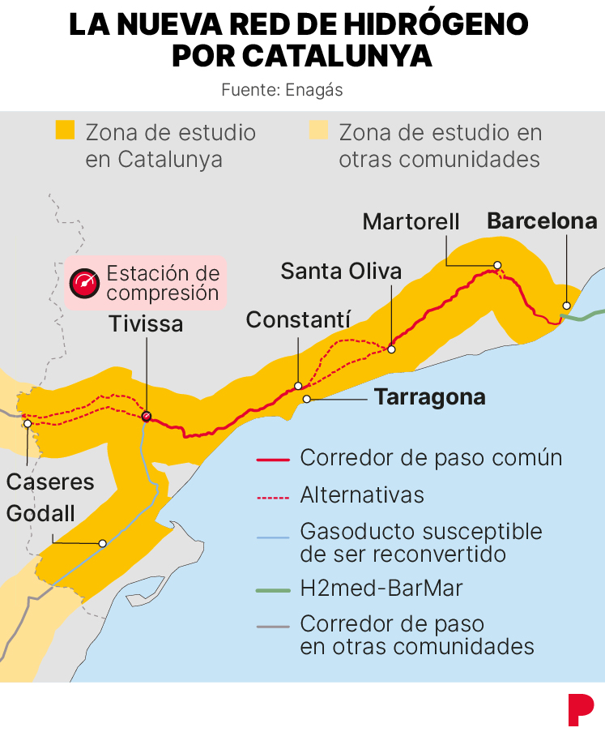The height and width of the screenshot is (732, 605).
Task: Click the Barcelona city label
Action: tap(542, 221)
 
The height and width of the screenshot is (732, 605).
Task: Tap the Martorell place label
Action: tap(411, 221)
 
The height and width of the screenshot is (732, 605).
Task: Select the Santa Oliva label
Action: tap(341, 271)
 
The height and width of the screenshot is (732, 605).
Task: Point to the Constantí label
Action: tap(298, 319)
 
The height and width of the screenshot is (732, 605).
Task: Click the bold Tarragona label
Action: tap(430, 397)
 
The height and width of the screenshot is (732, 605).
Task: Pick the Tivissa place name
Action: tap(147, 324)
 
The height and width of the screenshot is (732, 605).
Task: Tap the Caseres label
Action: tap(50, 482)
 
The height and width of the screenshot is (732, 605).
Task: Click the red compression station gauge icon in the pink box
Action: tap(84, 282)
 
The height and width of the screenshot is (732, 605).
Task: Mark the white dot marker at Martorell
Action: tap(498, 265)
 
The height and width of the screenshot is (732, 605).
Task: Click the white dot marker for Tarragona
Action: tap(306, 398)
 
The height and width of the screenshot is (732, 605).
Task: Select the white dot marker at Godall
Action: tap(103, 543)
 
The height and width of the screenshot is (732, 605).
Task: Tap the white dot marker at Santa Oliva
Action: tap(391, 349)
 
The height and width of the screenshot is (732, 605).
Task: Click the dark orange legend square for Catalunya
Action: tap(65, 130)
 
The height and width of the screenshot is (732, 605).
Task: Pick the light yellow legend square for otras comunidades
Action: tap(318, 130)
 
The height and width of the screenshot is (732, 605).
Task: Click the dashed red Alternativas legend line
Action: tap(273, 495)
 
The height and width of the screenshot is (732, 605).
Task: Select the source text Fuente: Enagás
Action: tap(282, 90)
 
